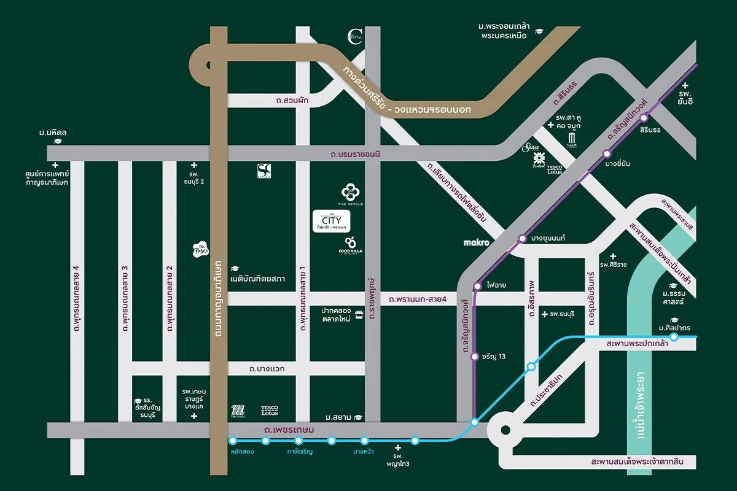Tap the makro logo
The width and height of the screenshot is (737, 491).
(x=476, y=243)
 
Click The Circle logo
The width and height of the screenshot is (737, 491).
(x=350, y=194)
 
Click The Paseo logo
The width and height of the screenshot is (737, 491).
(x=201, y=248)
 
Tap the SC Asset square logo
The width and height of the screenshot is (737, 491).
(x=264, y=171)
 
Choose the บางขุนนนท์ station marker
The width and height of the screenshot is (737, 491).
(x=522, y=238)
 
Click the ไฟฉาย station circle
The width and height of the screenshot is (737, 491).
(x=477, y=286)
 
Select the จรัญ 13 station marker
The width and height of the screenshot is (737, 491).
(x=474, y=357)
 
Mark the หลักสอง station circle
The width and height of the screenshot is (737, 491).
(x=233, y=440)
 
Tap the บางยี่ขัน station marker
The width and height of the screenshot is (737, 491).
(x=607, y=154)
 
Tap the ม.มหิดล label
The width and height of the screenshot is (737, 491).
(x=52, y=133)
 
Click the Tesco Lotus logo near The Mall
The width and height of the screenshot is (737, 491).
(x=270, y=410)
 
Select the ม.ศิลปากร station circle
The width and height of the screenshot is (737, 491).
(x=674, y=337)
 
